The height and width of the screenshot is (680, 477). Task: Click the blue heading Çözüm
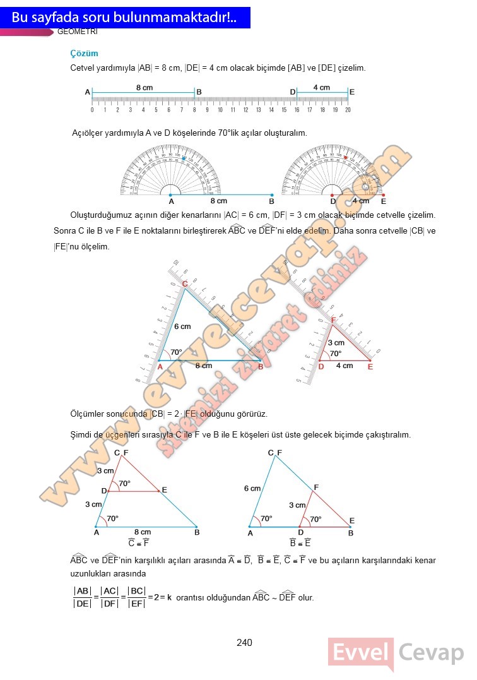click(84, 54)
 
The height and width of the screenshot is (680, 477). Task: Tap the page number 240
click(244, 643)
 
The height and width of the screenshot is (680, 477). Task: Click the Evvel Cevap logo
click(396, 653)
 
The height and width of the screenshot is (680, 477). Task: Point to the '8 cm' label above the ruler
click(144, 88)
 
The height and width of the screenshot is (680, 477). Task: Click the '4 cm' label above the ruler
click(322, 88)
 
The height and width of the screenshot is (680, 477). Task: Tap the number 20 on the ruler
click(348, 110)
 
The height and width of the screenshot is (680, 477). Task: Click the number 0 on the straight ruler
click(92, 110)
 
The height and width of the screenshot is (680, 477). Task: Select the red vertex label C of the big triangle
click(185, 284)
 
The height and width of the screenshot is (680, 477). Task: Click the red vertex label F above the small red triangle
click(334, 320)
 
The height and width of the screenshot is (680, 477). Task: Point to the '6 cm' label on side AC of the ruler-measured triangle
click(182, 326)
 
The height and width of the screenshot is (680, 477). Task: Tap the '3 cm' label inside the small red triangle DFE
click(336, 343)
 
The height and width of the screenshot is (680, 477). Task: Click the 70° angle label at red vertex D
click(336, 354)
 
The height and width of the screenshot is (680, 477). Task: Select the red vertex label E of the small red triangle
click(370, 367)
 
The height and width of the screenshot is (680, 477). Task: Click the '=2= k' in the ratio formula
click(161, 597)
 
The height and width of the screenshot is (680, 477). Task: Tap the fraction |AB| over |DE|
click(82, 597)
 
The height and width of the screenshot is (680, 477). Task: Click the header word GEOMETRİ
click(77, 32)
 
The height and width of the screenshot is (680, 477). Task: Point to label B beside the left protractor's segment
click(271, 201)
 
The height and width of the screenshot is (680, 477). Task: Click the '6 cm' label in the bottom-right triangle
click(252, 489)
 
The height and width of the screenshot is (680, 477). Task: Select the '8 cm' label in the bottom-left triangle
click(143, 532)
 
